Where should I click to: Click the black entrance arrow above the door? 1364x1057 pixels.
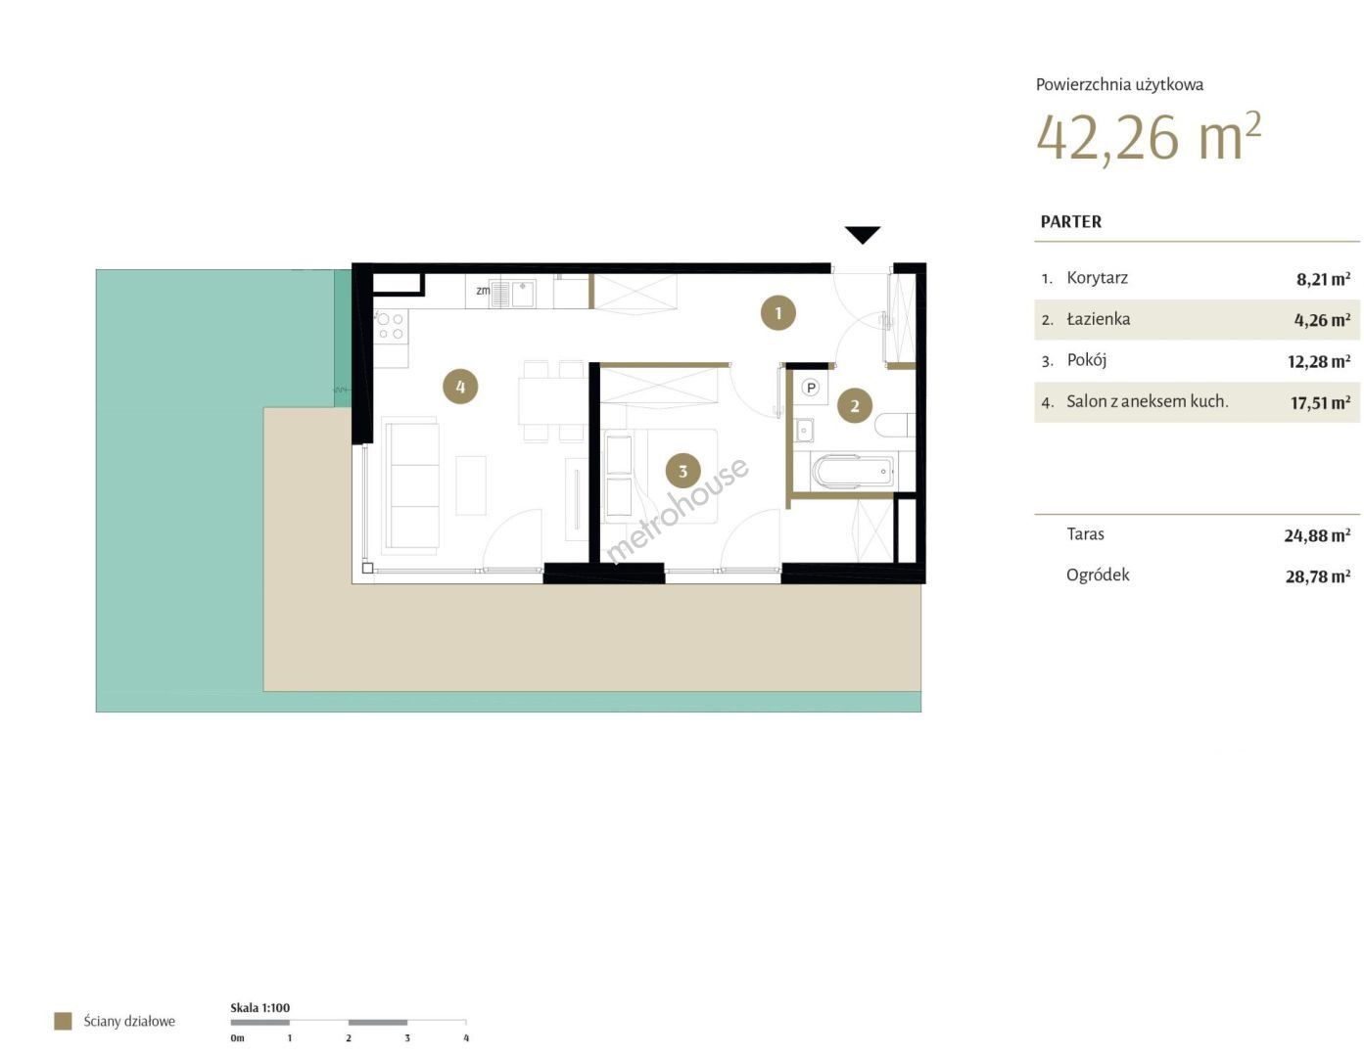[x=862, y=235]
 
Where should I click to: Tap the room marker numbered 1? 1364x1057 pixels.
[x=777, y=312]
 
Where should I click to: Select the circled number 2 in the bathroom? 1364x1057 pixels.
[x=853, y=405]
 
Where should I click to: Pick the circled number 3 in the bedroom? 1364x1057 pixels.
[x=682, y=471]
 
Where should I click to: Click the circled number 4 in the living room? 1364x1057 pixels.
[x=459, y=386]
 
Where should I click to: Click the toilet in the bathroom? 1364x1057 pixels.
[x=894, y=425]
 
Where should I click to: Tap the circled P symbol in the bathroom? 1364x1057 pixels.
[x=810, y=388]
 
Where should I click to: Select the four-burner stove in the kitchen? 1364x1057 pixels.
[x=390, y=326]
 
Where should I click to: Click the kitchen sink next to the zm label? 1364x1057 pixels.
[x=513, y=294]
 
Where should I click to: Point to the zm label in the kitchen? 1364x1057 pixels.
[x=482, y=291]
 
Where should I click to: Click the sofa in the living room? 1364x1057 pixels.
[x=410, y=485]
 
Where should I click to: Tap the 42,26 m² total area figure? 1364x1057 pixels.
[x=1148, y=138]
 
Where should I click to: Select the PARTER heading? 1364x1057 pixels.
[x=1070, y=221]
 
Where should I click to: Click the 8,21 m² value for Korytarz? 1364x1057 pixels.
[x=1323, y=279]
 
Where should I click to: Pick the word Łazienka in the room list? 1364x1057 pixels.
[x=1098, y=319]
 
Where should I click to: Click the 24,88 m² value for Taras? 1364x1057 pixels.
[x=1316, y=535]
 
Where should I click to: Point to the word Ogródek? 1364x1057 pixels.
[x=1097, y=574]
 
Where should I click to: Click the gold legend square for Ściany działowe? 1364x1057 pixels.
[x=63, y=1021]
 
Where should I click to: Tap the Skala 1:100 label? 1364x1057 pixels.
[x=259, y=1007]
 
